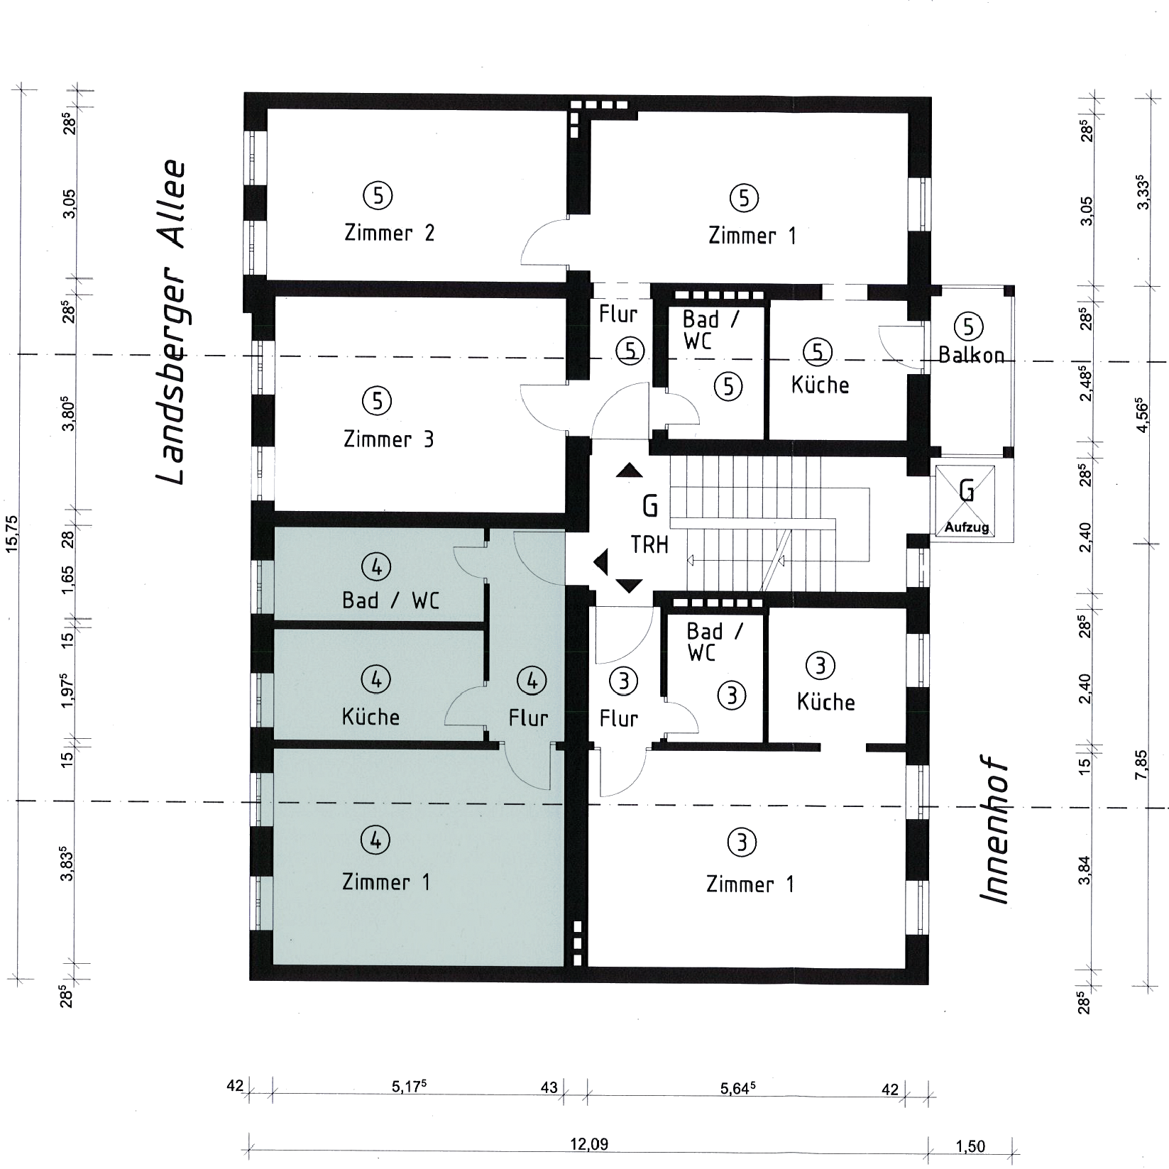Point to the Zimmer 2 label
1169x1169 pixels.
(389, 233)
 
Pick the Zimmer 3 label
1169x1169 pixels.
(388, 439)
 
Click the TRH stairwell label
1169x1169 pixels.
(649, 544)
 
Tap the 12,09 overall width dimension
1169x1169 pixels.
(589, 1145)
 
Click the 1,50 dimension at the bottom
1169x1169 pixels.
(970, 1146)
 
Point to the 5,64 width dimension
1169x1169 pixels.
(739, 1089)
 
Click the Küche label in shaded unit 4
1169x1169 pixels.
(371, 717)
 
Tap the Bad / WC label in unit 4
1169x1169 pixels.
(390, 600)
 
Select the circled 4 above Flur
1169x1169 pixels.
(532, 681)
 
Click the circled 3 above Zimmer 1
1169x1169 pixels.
(742, 843)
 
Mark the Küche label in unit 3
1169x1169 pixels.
(825, 702)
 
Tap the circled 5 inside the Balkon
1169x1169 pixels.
(969, 326)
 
